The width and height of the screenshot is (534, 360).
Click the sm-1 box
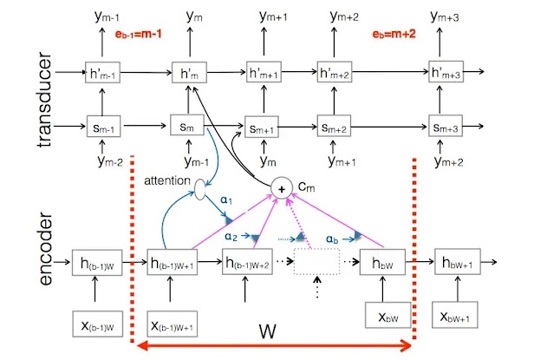click(x=103, y=128)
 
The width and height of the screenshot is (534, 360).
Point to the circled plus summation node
click(x=281, y=185)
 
